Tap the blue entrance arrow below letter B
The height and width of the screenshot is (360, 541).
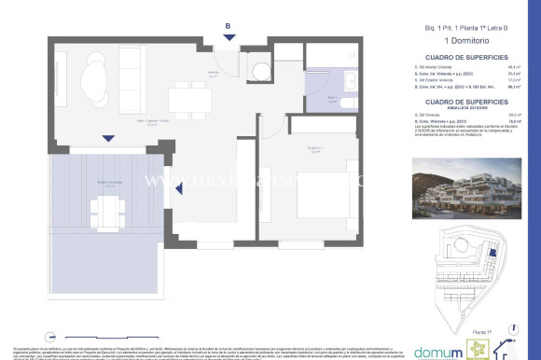227,38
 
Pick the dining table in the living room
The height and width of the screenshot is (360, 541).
182,98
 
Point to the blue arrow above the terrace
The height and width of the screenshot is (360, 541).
109,138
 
